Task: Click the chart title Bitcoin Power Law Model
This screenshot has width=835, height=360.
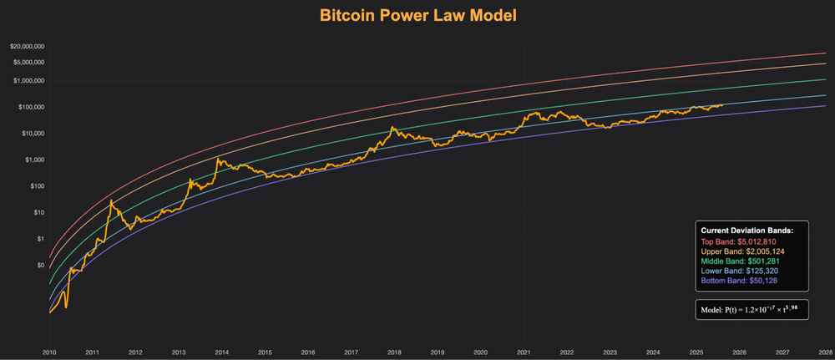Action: click(417, 15)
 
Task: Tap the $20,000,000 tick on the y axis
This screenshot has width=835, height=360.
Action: click(28, 47)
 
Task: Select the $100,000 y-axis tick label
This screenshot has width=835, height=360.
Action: click(31, 107)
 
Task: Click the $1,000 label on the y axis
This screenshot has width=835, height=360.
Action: click(34, 160)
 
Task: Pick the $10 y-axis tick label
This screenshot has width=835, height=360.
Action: click(38, 212)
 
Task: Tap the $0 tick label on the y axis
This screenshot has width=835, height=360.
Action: click(40, 265)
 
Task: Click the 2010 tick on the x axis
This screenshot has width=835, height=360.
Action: click(49, 353)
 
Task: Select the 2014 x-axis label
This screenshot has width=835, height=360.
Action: click(221, 353)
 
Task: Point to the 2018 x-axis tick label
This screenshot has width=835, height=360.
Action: click(394, 353)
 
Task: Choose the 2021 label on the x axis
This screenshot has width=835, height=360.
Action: click(524, 353)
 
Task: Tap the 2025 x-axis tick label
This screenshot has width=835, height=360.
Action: click(696, 353)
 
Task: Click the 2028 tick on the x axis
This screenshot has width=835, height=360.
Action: click(825, 353)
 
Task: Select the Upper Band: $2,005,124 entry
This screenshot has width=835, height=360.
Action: click(742, 251)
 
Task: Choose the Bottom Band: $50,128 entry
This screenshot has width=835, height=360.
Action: click(738, 281)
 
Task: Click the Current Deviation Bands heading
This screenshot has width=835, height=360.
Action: click(746, 230)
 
